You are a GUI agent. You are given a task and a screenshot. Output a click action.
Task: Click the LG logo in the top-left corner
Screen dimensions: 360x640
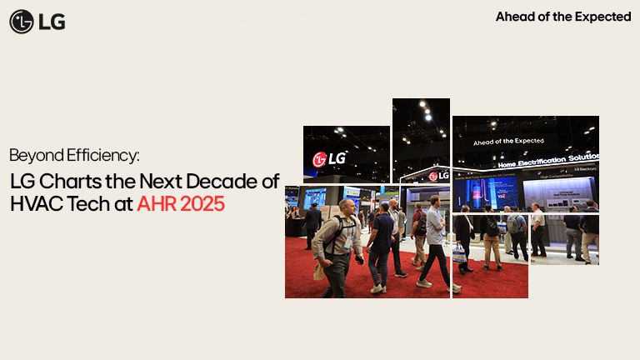coord(37,22)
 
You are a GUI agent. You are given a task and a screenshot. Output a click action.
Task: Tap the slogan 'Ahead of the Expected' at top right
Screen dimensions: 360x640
coord(563,17)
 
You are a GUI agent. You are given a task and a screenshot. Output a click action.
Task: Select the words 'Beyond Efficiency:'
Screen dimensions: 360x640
coord(74,155)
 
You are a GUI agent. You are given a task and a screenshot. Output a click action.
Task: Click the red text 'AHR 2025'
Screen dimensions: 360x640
coord(181,202)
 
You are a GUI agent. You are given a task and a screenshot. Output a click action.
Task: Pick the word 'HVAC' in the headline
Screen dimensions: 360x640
coord(34,202)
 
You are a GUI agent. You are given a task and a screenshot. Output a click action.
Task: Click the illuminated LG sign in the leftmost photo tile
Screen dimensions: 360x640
coord(329,158)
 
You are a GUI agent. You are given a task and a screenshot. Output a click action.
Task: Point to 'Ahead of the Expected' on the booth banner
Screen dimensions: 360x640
coord(508,142)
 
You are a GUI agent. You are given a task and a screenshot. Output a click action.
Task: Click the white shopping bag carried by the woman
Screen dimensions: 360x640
coord(459,253)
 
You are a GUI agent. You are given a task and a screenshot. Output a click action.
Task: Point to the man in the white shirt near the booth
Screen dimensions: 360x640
coord(538,229)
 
